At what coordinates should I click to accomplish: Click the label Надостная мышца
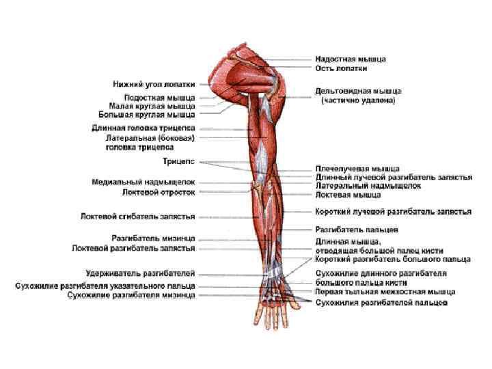point(350,59)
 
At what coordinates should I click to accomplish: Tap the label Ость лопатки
point(341,68)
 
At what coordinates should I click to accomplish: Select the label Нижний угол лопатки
point(154,84)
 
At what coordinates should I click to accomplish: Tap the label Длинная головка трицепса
point(143,128)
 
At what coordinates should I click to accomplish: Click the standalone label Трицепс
point(178,161)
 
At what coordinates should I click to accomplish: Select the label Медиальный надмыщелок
point(143,182)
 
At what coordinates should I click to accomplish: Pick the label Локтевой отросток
point(158,192)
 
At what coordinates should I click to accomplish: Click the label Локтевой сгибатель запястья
point(137,217)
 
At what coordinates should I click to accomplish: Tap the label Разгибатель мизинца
point(153,238)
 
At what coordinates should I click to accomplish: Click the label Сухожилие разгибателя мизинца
point(131,295)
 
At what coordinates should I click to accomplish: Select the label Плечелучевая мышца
point(357,168)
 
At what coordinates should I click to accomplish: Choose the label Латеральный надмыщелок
point(368,185)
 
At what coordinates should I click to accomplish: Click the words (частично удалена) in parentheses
point(358,100)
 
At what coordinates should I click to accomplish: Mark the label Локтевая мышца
point(347,194)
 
